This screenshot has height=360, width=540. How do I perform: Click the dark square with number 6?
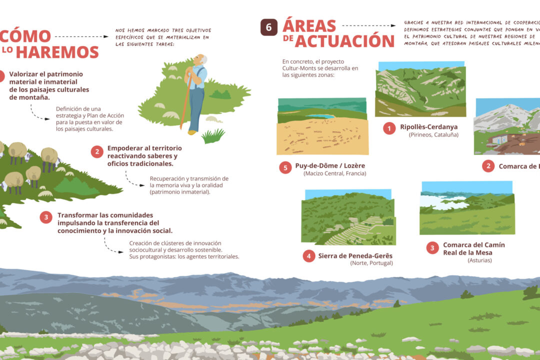(269, 27)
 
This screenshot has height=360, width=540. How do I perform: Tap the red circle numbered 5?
(285, 167)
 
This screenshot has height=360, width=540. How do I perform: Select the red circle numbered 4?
(309, 256)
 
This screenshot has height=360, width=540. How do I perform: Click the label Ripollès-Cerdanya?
(428, 127)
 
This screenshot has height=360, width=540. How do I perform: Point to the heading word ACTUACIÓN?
(345, 41)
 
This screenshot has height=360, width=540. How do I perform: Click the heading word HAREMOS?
(57, 52)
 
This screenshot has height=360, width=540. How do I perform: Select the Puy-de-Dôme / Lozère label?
(330, 166)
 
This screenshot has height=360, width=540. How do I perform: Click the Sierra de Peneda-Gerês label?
(355, 256)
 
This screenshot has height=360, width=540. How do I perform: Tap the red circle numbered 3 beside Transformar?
(46, 217)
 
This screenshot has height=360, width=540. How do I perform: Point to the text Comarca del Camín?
(473, 245)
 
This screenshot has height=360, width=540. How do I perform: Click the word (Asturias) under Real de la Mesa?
(479, 260)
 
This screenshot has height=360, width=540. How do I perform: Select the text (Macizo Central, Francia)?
(334, 173)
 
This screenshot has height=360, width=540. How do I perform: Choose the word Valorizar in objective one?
(25, 74)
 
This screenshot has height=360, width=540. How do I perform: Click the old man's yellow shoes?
(192, 132)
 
